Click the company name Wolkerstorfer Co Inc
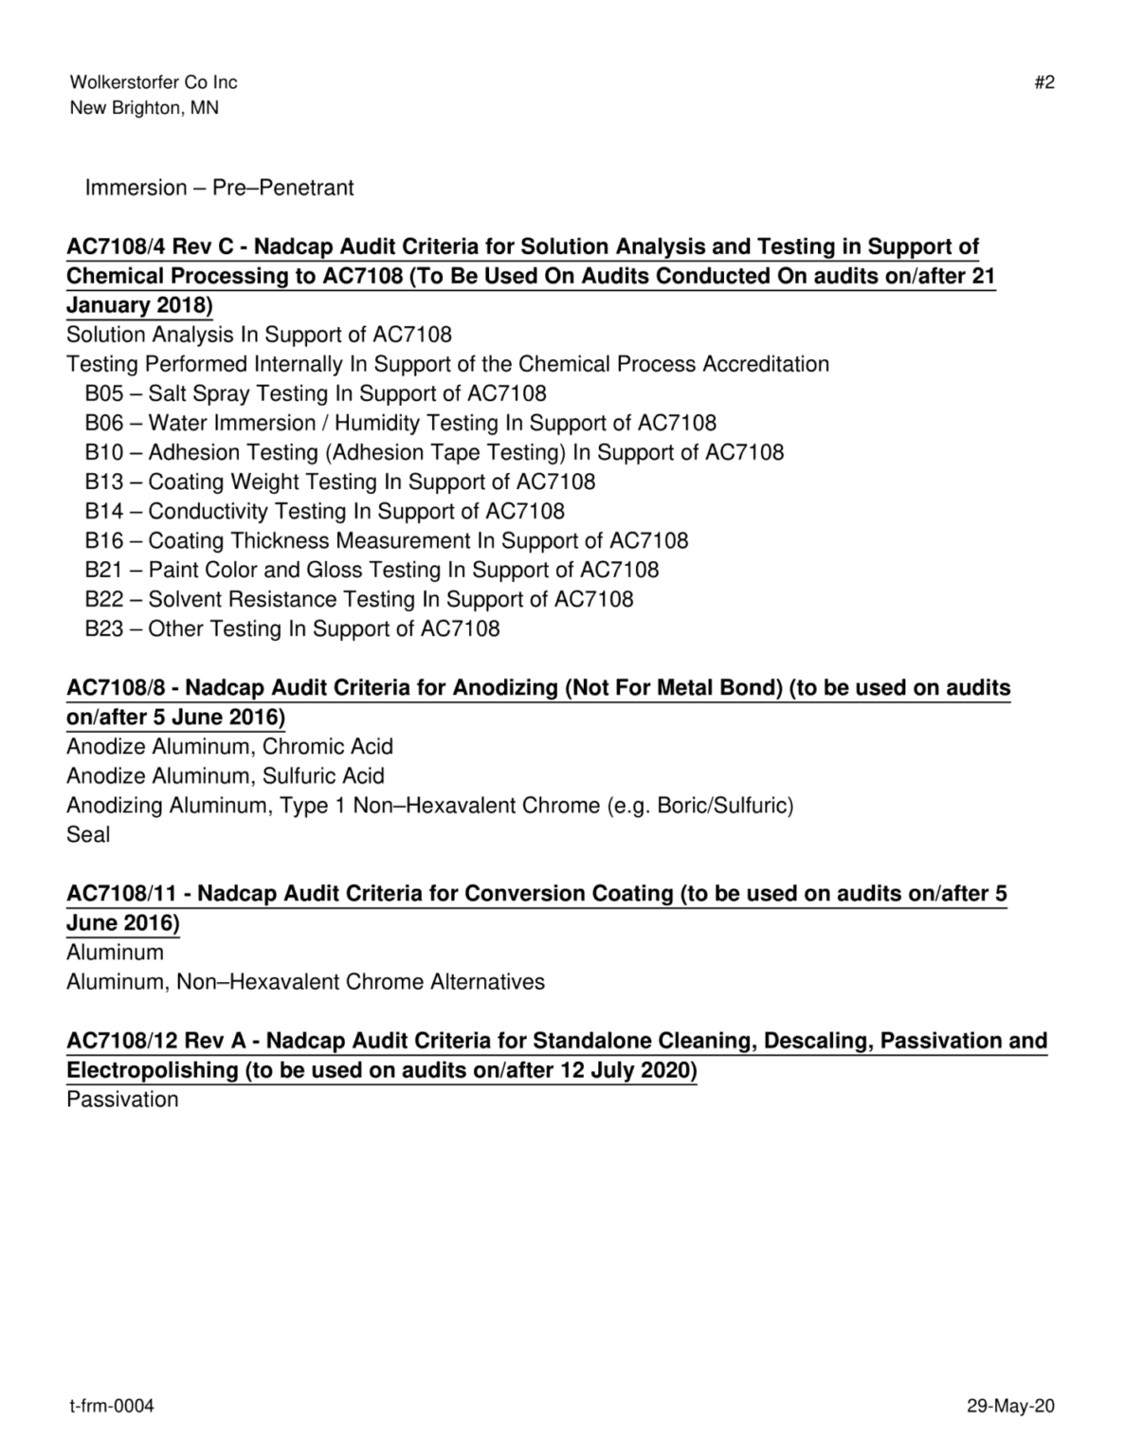[x=154, y=82]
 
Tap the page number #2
[x=1043, y=82]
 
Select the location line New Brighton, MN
[x=144, y=108]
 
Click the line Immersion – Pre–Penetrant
[x=219, y=188]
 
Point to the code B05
[x=103, y=393]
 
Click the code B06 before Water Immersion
[x=103, y=423]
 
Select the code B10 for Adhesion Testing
[x=103, y=452]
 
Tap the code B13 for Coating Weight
[x=103, y=482]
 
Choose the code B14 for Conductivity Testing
[x=103, y=511]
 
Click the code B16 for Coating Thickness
[x=103, y=540]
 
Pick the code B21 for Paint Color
[x=103, y=570]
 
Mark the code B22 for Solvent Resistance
[x=103, y=599]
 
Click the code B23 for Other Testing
[x=103, y=628]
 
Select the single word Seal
[x=88, y=835]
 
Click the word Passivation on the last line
[x=122, y=1100]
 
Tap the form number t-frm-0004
[x=112, y=1406]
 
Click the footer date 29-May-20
[x=1010, y=1406]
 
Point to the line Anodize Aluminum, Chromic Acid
[x=229, y=747]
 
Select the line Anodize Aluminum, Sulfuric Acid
[x=226, y=776]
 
